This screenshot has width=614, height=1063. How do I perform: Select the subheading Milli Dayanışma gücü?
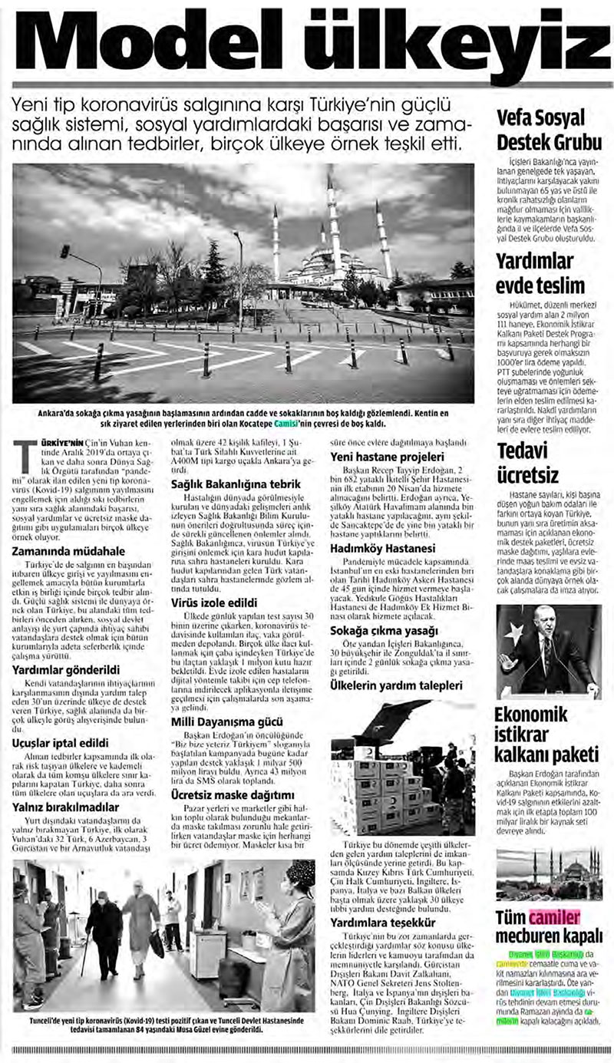point(227,722)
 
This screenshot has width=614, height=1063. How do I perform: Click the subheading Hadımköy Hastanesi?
point(382,549)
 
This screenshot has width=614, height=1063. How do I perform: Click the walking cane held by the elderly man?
point(84,955)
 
